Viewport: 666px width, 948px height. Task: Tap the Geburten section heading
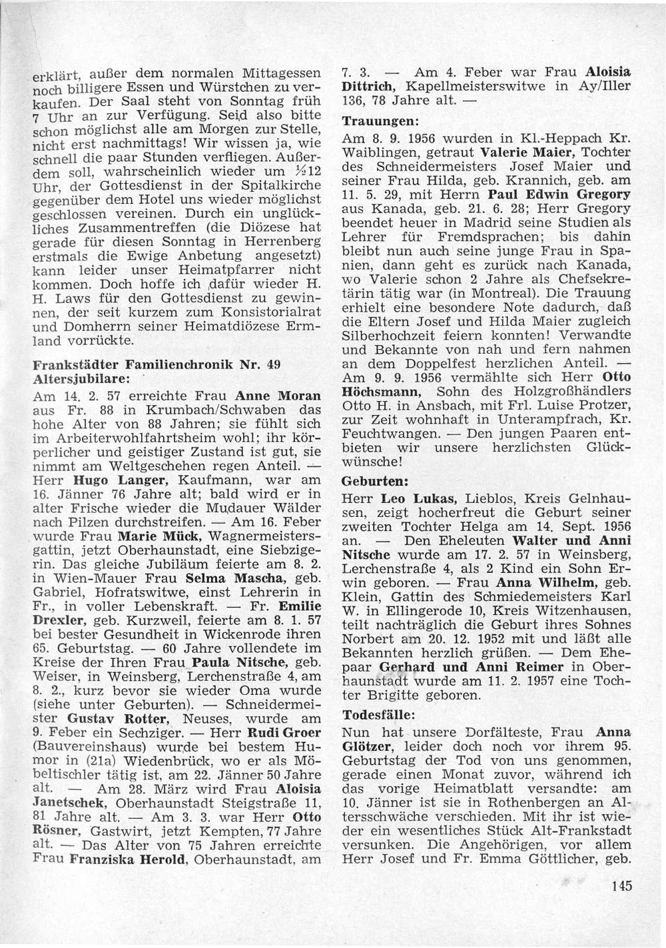[370, 480]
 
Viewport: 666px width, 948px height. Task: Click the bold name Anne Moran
[279, 395]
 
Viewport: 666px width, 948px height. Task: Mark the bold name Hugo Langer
[110, 480]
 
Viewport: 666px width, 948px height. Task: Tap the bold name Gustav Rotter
[110, 719]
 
